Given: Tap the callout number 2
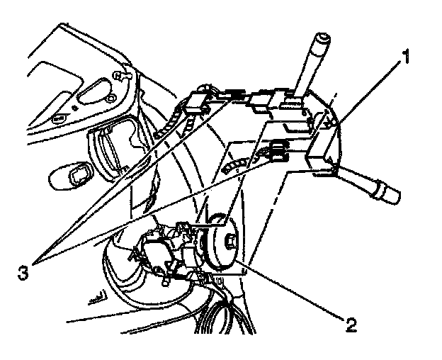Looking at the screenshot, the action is (x=351, y=325).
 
